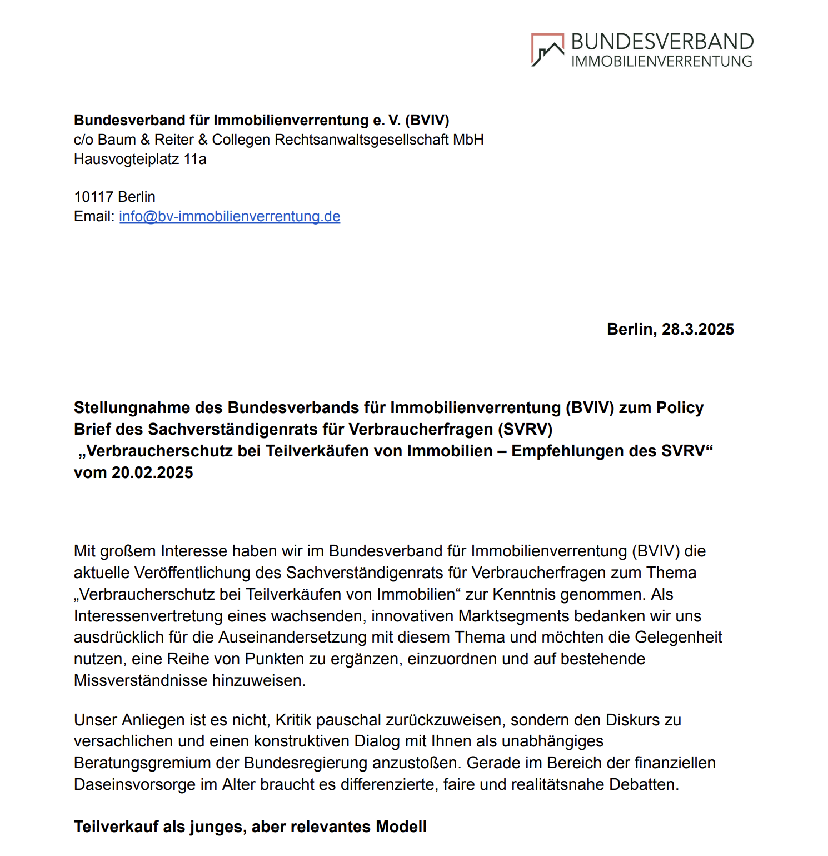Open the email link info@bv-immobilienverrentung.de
pyautogui.click(x=230, y=216)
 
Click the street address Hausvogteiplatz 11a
pyautogui.click(x=140, y=160)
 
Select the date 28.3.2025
pyautogui.click(x=697, y=329)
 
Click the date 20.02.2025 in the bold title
pyautogui.click(x=152, y=472)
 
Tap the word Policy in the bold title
pyautogui.click(x=680, y=407)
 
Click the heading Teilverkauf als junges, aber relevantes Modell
pyautogui.click(x=250, y=827)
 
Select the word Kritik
pyautogui.click(x=293, y=720)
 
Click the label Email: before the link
pyautogui.click(x=94, y=216)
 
